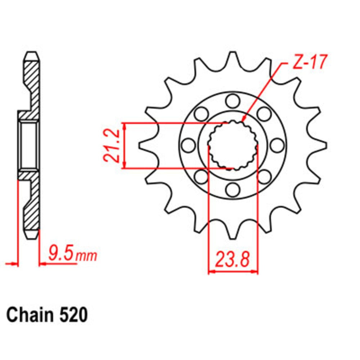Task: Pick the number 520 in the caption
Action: point(72,315)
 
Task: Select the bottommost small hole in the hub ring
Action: point(233,189)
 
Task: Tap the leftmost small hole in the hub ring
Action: point(188,145)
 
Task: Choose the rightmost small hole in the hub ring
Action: point(277,145)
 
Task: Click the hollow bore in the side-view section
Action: point(29,145)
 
